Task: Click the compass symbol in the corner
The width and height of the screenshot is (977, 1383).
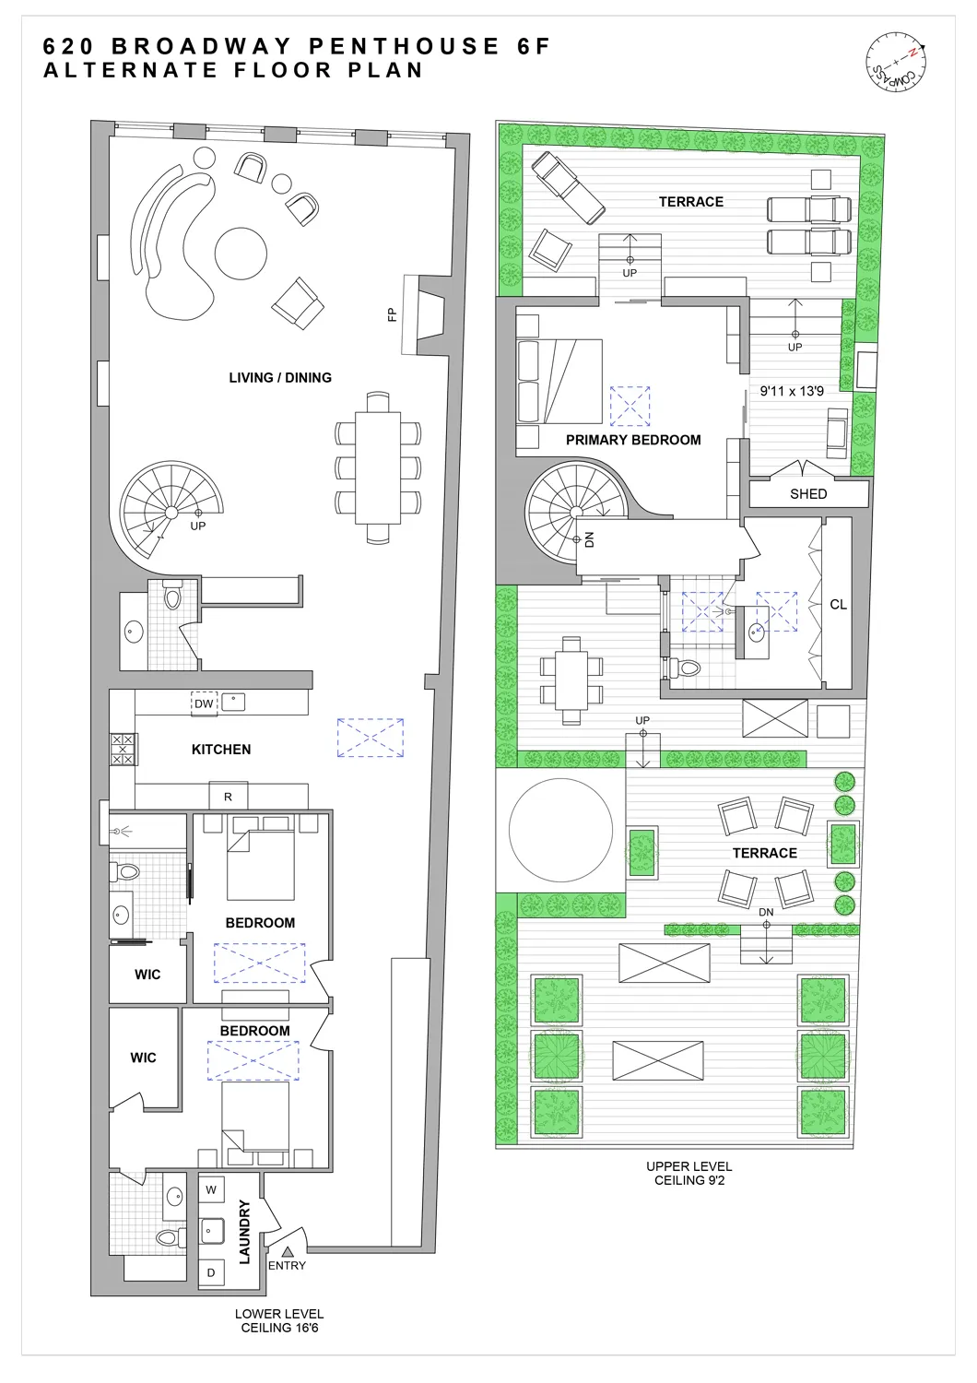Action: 896,63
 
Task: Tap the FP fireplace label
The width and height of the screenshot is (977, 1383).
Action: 392,314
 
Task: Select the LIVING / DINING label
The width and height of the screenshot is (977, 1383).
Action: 279,378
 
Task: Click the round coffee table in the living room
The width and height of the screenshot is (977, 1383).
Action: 241,254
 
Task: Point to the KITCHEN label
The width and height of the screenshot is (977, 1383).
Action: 221,750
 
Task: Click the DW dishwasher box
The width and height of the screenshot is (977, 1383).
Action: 204,703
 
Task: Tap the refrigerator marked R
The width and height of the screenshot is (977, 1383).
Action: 228,797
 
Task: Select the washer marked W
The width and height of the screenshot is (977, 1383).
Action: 211,1190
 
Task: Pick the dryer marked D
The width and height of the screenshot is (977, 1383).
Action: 211,1272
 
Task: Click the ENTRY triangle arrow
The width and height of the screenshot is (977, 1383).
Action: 288,1251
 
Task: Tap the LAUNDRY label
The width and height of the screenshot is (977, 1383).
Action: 245,1232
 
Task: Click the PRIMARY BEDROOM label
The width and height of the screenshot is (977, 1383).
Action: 633,441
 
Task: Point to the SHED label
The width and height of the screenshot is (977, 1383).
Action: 808,494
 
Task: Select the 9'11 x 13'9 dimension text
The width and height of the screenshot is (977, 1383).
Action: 792,391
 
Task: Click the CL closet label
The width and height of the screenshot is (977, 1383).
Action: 838,605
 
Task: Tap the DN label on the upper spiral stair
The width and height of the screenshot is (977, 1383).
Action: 590,539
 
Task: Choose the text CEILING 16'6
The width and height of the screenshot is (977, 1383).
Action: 279,1329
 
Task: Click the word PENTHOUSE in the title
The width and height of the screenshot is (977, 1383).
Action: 406,46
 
